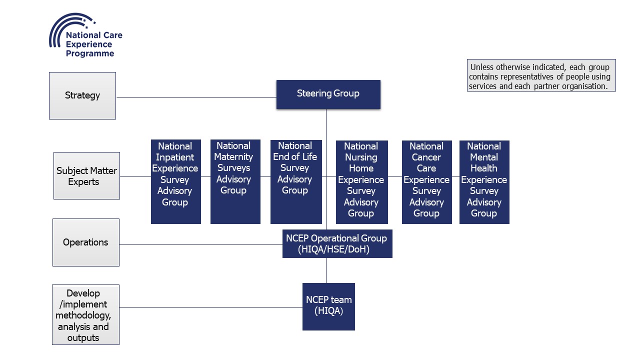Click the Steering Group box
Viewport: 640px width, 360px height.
pos(328,94)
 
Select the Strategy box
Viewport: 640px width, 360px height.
pos(82,95)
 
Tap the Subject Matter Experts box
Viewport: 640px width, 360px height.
pos(86,176)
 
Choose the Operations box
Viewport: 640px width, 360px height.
pos(85,242)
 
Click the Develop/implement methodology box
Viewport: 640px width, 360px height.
pos(85,315)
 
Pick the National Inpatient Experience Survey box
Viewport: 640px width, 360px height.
pos(175,181)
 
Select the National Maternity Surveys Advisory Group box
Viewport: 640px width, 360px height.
pos(235,181)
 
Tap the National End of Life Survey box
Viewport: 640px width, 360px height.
pos(295,181)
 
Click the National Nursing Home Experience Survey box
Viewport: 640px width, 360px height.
pos(361,181)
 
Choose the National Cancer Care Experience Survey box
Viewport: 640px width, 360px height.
pos(426,181)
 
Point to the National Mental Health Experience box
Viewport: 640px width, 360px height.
pos(484,181)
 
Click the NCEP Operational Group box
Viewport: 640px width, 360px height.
pos(337,243)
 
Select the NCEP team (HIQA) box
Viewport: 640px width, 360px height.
pos(328,306)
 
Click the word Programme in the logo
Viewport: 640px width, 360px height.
pos(90,53)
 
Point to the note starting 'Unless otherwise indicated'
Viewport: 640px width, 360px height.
pos(541,75)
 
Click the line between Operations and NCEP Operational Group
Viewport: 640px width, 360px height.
pos(200,244)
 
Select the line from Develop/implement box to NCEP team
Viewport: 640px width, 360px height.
pos(210,307)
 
